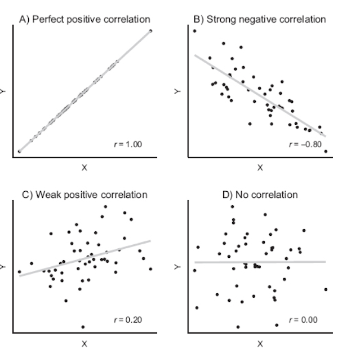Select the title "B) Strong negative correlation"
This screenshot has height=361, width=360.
point(260,19)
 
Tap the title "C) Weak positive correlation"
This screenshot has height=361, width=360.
point(84,195)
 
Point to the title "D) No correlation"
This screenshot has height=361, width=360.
point(260,195)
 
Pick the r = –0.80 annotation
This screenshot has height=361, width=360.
point(305,144)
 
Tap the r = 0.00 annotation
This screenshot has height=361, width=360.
point(303,320)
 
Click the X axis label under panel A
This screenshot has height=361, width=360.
point(84,167)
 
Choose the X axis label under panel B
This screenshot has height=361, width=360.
point(260,167)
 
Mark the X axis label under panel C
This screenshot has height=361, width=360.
point(84,343)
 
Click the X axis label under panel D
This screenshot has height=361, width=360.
point(260,343)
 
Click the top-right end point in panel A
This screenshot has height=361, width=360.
point(150,30)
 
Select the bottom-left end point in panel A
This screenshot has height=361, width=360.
point(19,151)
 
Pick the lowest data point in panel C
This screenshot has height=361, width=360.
point(83,327)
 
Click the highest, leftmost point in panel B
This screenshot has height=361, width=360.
point(194,31)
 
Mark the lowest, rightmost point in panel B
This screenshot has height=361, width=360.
point(326,151)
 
